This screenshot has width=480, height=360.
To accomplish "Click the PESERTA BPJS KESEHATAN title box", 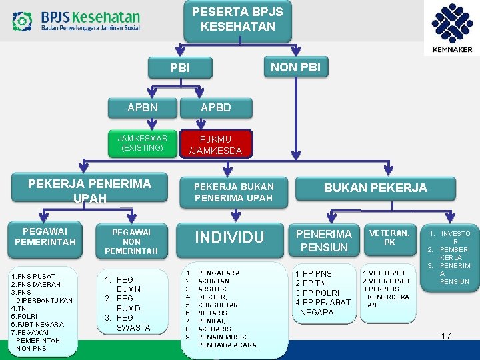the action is (237, 20).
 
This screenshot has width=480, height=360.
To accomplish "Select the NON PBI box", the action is (295, 67).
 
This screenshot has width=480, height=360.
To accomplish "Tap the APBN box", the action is (143, 107).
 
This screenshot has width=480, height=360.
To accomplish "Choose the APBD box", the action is (216, 107).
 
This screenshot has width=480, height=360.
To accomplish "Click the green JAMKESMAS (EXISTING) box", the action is (143, 143).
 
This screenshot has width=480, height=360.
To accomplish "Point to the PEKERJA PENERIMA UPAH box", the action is (89, 190).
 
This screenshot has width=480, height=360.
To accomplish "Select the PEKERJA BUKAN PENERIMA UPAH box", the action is (233, 191).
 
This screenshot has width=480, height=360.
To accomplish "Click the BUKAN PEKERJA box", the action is (375, 188).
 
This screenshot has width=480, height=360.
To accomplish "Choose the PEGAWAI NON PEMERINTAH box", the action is (131, 241).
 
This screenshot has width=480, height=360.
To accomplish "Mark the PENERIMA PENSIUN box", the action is (324, 240).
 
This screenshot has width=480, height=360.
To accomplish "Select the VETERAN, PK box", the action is (390, 237).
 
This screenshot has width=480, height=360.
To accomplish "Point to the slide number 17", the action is (446, 336).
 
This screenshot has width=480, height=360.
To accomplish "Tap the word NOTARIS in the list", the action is (213, 313).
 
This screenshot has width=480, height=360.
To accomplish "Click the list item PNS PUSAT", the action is (35, 276).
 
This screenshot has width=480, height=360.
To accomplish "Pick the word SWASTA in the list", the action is (133, 327).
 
